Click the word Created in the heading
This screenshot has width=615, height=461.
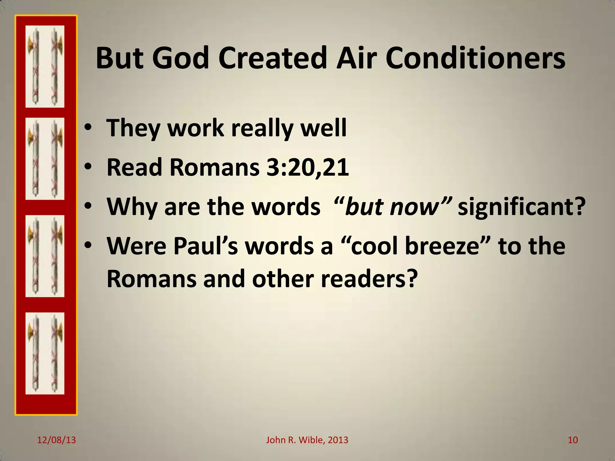pyautogui.click(x=272, y=58)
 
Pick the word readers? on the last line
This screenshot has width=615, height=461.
pyautogui.click(x=369, y=279)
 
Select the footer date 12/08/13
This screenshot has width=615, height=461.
pyautogui.click(x=56, y=440)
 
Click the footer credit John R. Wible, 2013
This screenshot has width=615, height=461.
pyautogui.click(x=307, y=440)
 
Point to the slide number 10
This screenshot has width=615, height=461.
pyautogui.click(x=573, y=440)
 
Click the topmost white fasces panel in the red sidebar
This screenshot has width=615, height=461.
pyautogui.click(x=45, y=66)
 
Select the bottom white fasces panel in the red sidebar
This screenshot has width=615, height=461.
pyautogui.click(x=45, y=353)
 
